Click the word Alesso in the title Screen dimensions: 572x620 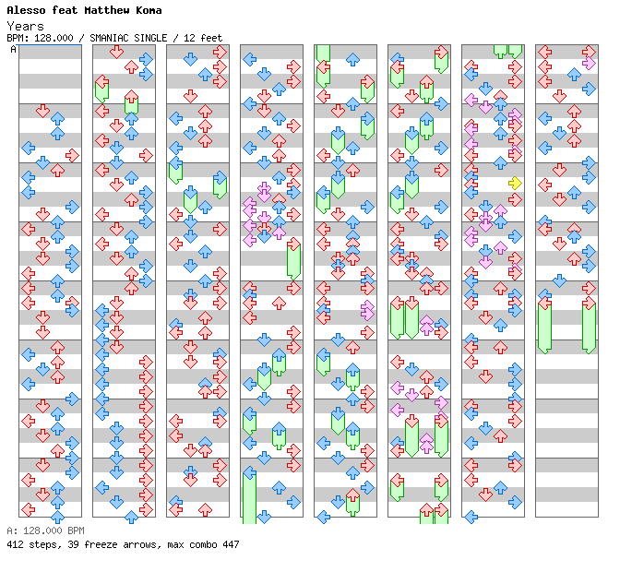pyautogui.click(x=26, y=10)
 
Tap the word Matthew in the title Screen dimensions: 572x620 pyautogui.click(x=106, y=10)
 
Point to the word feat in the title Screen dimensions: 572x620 pyautogui.click(x=65, y=10)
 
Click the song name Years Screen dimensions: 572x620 pyautogui.click(x=25, y=26)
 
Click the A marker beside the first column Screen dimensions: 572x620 pyautogui.click(x=14, y=49)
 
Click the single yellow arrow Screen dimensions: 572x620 pyautogui.click(x=515, y=183)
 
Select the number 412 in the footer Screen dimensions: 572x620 pyautogui.click(x=15, y=544)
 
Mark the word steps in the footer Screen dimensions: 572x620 pyautogui.click(x=42, y=544)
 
